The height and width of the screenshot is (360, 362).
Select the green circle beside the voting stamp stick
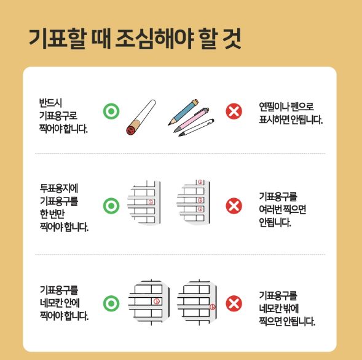(111, 111)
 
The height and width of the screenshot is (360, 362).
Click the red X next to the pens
(234, 111)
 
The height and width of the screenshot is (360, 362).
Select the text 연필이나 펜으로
(286, 108)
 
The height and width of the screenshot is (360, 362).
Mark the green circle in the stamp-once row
(111, 206)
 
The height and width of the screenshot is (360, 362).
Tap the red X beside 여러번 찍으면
(234, 206)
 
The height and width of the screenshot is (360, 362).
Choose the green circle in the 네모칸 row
(111, 303)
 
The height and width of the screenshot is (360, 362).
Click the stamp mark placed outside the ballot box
(213, 306)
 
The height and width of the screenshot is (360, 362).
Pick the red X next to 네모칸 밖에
(234, 303)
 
